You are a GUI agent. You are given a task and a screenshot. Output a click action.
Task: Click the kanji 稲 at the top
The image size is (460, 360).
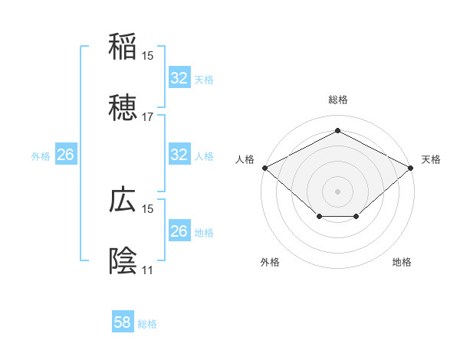(123, 47)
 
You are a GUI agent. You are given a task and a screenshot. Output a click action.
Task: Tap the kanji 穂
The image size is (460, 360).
(123, 110)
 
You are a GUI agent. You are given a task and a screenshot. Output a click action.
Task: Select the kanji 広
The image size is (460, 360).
(123, 199)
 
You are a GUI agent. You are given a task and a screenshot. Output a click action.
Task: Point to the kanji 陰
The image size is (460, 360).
(123, 261)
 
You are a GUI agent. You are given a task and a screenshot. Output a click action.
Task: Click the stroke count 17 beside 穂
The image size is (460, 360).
(148, 117)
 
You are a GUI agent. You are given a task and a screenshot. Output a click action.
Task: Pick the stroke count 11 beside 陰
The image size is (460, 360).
(147, 270)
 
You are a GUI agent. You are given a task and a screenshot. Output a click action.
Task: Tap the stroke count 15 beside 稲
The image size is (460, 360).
(148, 55)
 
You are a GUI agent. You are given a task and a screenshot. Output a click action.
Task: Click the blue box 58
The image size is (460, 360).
(123, 322)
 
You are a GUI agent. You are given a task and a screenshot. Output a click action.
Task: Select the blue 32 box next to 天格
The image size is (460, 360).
(179, 78)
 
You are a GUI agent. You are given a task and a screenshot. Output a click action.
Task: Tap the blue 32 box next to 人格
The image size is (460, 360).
(179, 155)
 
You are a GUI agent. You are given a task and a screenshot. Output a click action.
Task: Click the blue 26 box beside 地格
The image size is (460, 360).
(179, 231)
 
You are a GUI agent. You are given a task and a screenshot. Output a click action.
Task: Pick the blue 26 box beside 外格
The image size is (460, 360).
(65, 155)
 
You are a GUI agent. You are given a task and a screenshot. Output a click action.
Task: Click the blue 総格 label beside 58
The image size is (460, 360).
(147, 324)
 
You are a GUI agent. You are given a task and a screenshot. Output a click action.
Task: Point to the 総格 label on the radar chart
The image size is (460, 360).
(337, 100)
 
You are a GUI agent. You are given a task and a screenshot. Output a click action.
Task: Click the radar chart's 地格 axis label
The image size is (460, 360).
(402, 262)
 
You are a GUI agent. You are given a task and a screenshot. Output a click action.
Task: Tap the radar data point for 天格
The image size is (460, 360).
(411, 167)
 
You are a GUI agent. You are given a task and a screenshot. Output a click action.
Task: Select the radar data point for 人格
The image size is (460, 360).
(264, 167)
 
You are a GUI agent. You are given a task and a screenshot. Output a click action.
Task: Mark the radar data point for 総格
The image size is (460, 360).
(337, 131)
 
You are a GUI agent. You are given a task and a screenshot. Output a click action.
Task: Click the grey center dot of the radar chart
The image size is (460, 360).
(337, 190)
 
